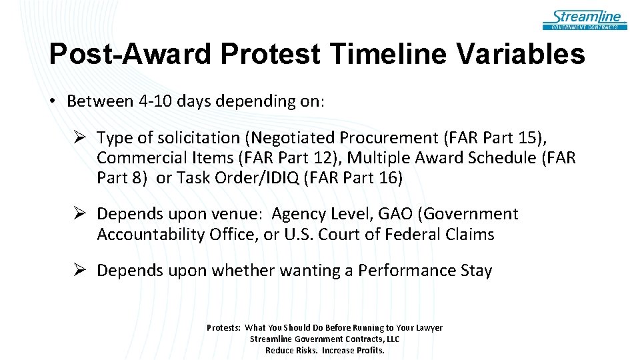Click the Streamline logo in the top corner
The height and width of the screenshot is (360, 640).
pyautogui.click(x=585, y=19)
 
